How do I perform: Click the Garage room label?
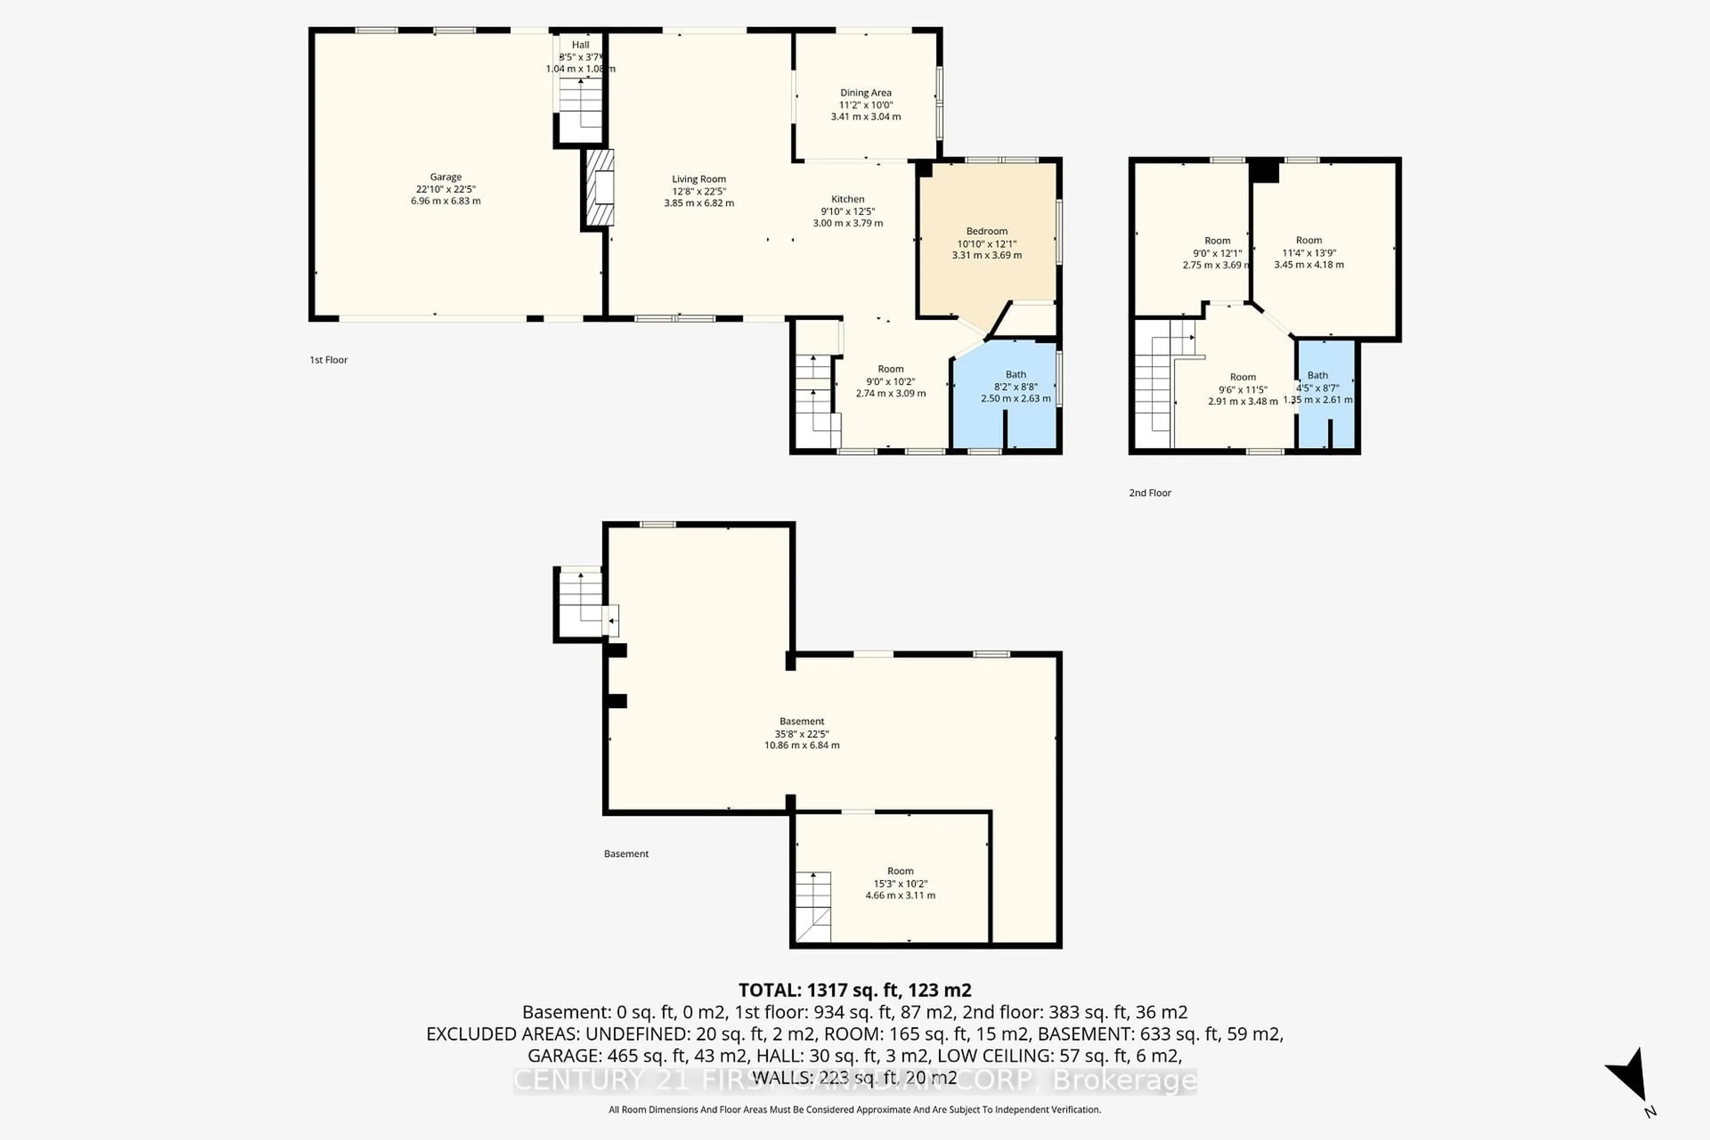(x=446, y=177)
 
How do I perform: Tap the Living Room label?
(x=699, y=179)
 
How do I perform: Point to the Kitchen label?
(x=848, y=199)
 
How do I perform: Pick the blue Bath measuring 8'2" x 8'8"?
(x=1016, y=393)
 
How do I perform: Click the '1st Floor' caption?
(x=329, y=360)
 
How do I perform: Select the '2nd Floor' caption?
(x=1149, y=493)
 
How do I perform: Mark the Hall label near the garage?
(x=580, y=45)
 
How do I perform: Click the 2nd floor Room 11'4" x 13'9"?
(x=1309, y=252)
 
